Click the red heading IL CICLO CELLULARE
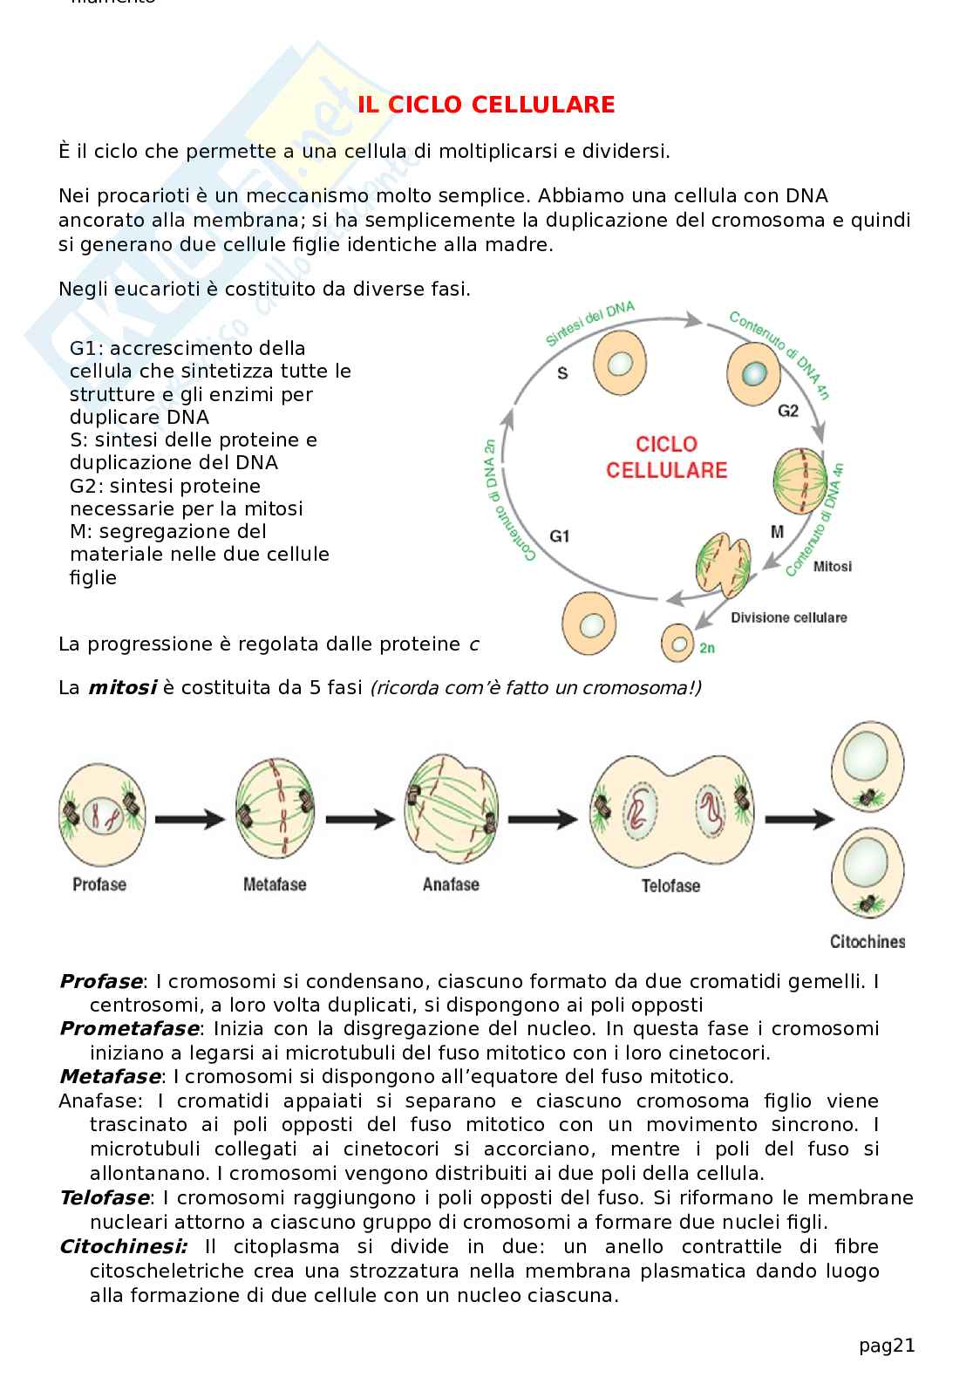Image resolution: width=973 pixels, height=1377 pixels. [x=486, y=106]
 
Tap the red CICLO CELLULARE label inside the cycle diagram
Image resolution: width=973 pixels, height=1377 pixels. [x=666, y=457]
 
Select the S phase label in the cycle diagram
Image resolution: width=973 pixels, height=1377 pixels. [x=562, y=373]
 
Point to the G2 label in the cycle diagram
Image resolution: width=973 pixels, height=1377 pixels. [x=787, y=410]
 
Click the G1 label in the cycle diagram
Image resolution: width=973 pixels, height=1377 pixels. [x=560, y=535]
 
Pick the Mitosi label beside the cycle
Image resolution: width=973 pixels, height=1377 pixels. [x=832, y=567]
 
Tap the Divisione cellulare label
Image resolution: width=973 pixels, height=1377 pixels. [x=788, y=617]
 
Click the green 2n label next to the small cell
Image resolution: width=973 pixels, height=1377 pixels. [x=707, y=648]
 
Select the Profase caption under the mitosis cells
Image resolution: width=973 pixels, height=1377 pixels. [x=99, y=884]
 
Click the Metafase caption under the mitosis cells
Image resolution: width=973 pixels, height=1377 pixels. [x=275, y=884]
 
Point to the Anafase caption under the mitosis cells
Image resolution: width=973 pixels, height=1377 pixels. [x=451, y=884]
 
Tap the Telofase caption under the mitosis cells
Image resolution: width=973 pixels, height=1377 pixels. [x=670, y=886]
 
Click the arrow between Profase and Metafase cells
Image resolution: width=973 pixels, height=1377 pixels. [x=188, y=819]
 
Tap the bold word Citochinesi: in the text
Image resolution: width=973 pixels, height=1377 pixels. [x=123, y=1247]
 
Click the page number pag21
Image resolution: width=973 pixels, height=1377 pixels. [x=887, y=1346]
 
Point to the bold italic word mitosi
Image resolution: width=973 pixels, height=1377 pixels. [x=121, y=688]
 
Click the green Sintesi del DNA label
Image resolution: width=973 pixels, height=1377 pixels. [x=590, y=324]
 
